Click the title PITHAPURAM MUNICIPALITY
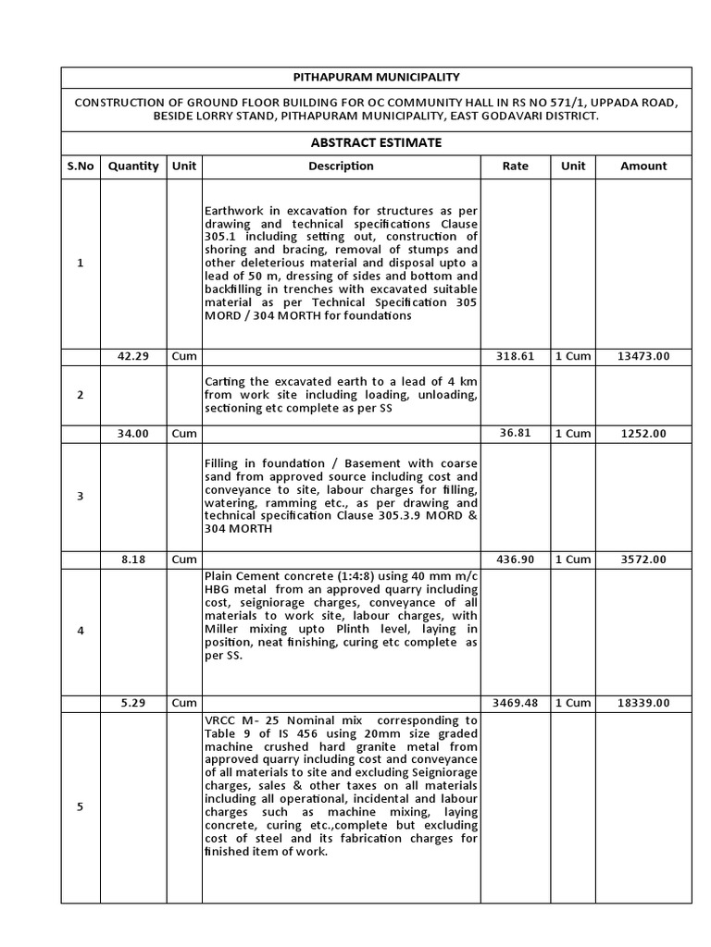[375, 78]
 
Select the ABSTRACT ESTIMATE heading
[375, 142]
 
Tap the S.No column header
[81, 166]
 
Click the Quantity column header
[133, 166]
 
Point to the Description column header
[341, 166]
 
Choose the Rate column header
[516, 166]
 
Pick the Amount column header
[643, 166]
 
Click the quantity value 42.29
[133, 357]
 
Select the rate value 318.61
[516, 357]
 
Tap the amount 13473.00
[643, 357]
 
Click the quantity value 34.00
[133, 434]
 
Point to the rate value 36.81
[516, 434]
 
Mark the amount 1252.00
[643, 434]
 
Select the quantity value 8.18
[133, 560]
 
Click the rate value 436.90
[516, 560]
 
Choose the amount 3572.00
[643, 560]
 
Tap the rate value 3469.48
[516, 703]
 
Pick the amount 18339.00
[643, 703]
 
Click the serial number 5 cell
[81, 806]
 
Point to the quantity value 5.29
[133, 703]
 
